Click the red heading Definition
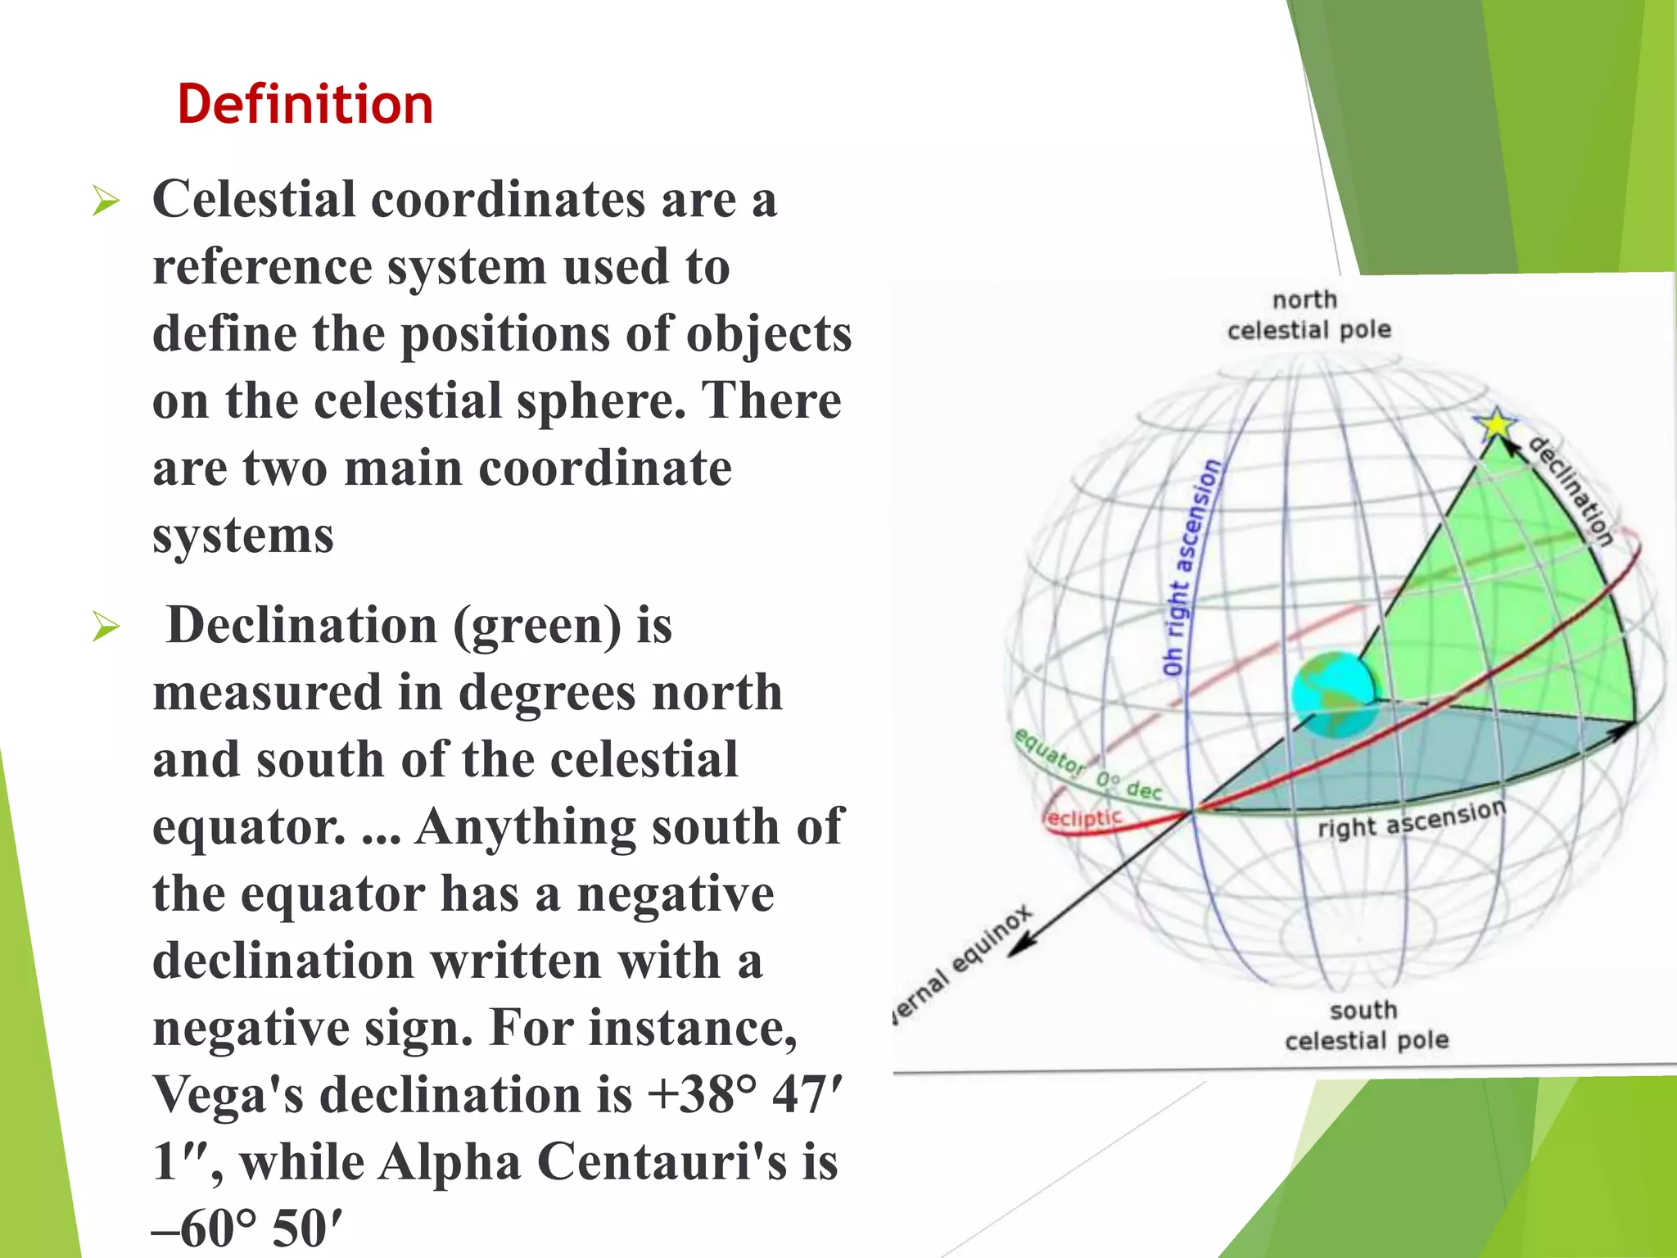coord(305,105)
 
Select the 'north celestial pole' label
coord(1308,315)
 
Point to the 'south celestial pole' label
coord(1366,1025)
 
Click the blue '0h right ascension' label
coord(1193,568)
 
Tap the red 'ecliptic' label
coord(1083,818)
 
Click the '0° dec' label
coord(1129,785)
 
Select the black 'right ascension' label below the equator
coord(1411,820)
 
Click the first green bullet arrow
coord(106,201)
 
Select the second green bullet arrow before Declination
coord(106,627)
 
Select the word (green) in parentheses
coord(537,627)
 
